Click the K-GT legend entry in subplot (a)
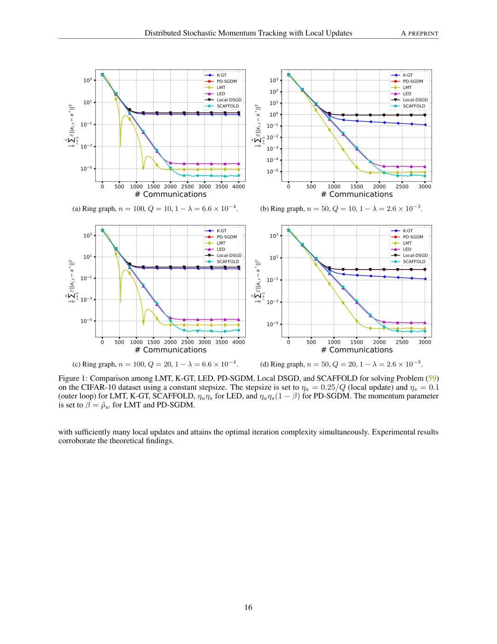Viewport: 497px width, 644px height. click(221, 75)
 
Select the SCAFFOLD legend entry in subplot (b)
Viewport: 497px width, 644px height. click(414, 106)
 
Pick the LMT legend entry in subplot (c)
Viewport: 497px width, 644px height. click(221, 243)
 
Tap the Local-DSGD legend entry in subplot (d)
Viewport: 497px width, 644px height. click(415, 255)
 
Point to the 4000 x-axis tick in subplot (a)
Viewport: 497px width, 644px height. click(238, 187)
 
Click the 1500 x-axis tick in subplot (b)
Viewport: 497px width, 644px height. click(357, 187)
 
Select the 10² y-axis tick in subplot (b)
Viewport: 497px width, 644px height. click(274, 92)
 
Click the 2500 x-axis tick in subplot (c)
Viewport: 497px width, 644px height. click(187, 342)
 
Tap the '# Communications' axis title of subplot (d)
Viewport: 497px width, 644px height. click(357, 350)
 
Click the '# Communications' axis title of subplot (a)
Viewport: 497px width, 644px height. click(171, 194)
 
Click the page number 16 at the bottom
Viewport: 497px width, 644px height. click(248, 607)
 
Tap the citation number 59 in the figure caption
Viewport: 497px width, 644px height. click(432, 378)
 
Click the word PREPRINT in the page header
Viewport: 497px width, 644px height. click(423, 34)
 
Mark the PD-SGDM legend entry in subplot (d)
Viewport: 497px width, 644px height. click(413, 237)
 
